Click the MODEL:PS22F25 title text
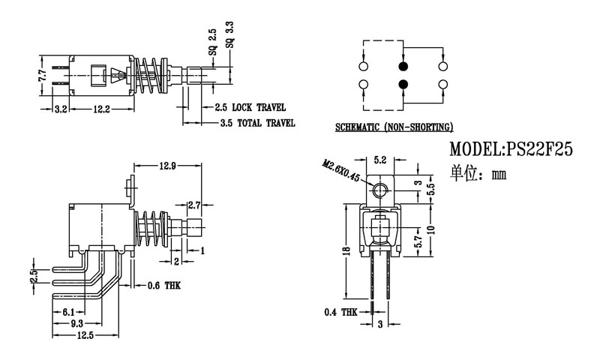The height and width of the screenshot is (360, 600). click(x=511, y=149)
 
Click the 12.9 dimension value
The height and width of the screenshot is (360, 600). click(x=167, y=166)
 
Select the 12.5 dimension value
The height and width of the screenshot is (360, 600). click(x=84, y=336)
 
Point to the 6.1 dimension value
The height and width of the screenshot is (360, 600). click(x=67, y=311)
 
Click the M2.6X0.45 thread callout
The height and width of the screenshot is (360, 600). click(x=340, y=171)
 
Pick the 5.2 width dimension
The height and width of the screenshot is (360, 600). click(x=380, y=160)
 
